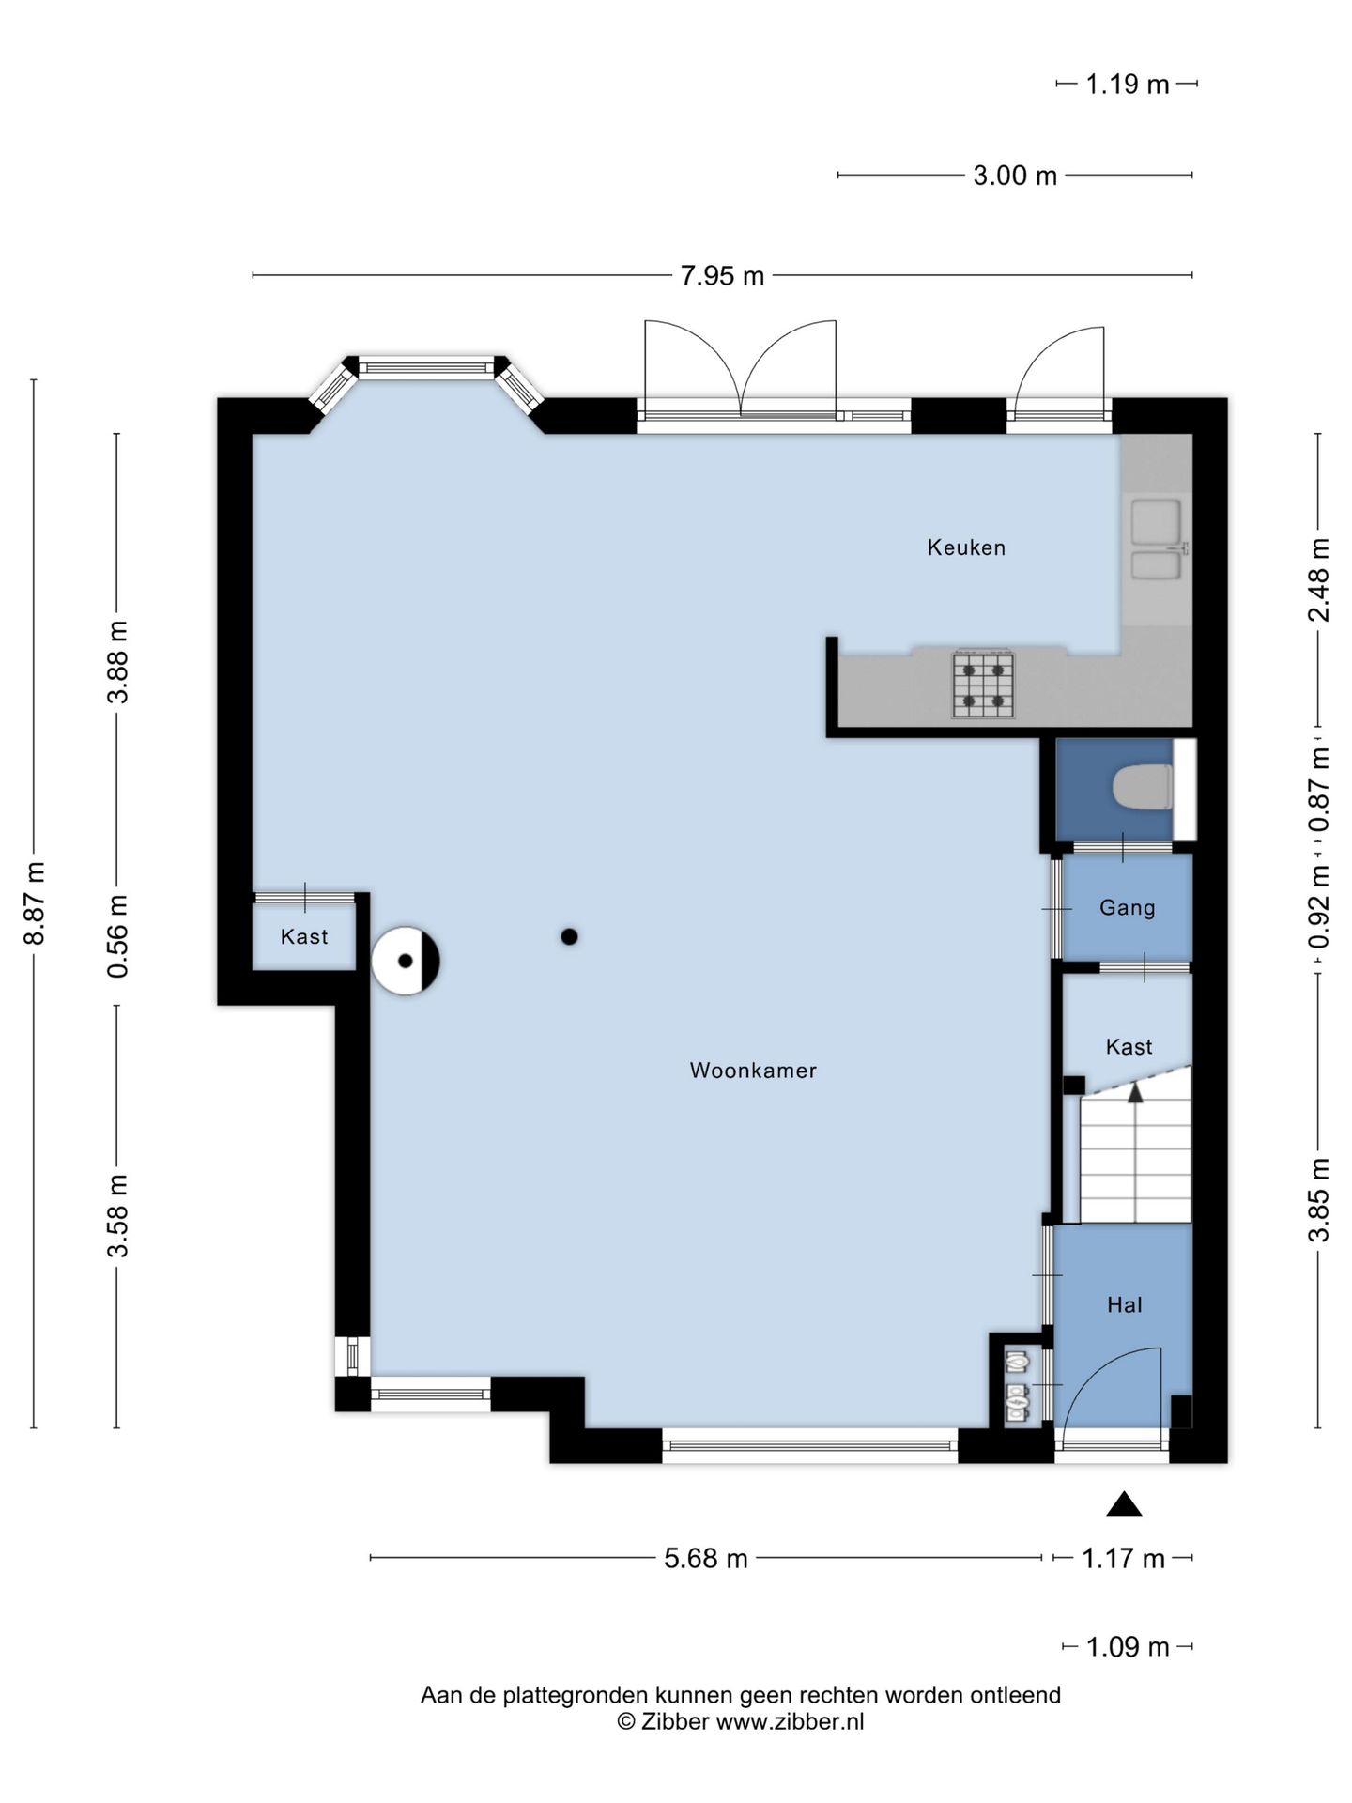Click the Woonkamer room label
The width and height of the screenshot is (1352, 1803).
tap(753, 1071)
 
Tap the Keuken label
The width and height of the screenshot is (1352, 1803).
tap(966, 547)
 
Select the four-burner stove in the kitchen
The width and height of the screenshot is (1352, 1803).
tap(984, 685)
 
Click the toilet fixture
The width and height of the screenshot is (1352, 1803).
tap(1142, 787)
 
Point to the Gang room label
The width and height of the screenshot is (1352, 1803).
tap(1127, 908)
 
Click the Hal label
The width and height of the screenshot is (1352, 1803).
tap(1125, 1304)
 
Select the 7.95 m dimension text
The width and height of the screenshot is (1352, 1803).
tap(722, 276)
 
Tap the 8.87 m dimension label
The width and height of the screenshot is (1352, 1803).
tap(35, 903)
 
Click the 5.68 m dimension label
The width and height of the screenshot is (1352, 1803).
tap(706, 1559)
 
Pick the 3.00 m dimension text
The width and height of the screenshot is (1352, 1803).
tap(1015, 176)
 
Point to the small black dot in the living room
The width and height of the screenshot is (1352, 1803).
tap(569, 936)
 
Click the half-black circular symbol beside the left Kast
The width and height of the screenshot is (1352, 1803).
tap(406, 961)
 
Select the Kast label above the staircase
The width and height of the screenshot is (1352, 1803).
tap(1129, 1047)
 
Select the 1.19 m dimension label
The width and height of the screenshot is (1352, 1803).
tap(1128, 85)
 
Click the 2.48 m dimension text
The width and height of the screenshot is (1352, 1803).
tap(1319, 579)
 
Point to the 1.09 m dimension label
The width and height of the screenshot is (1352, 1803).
tap(1128, 1647)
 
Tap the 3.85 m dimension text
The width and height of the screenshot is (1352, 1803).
tap(1319, 1199)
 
